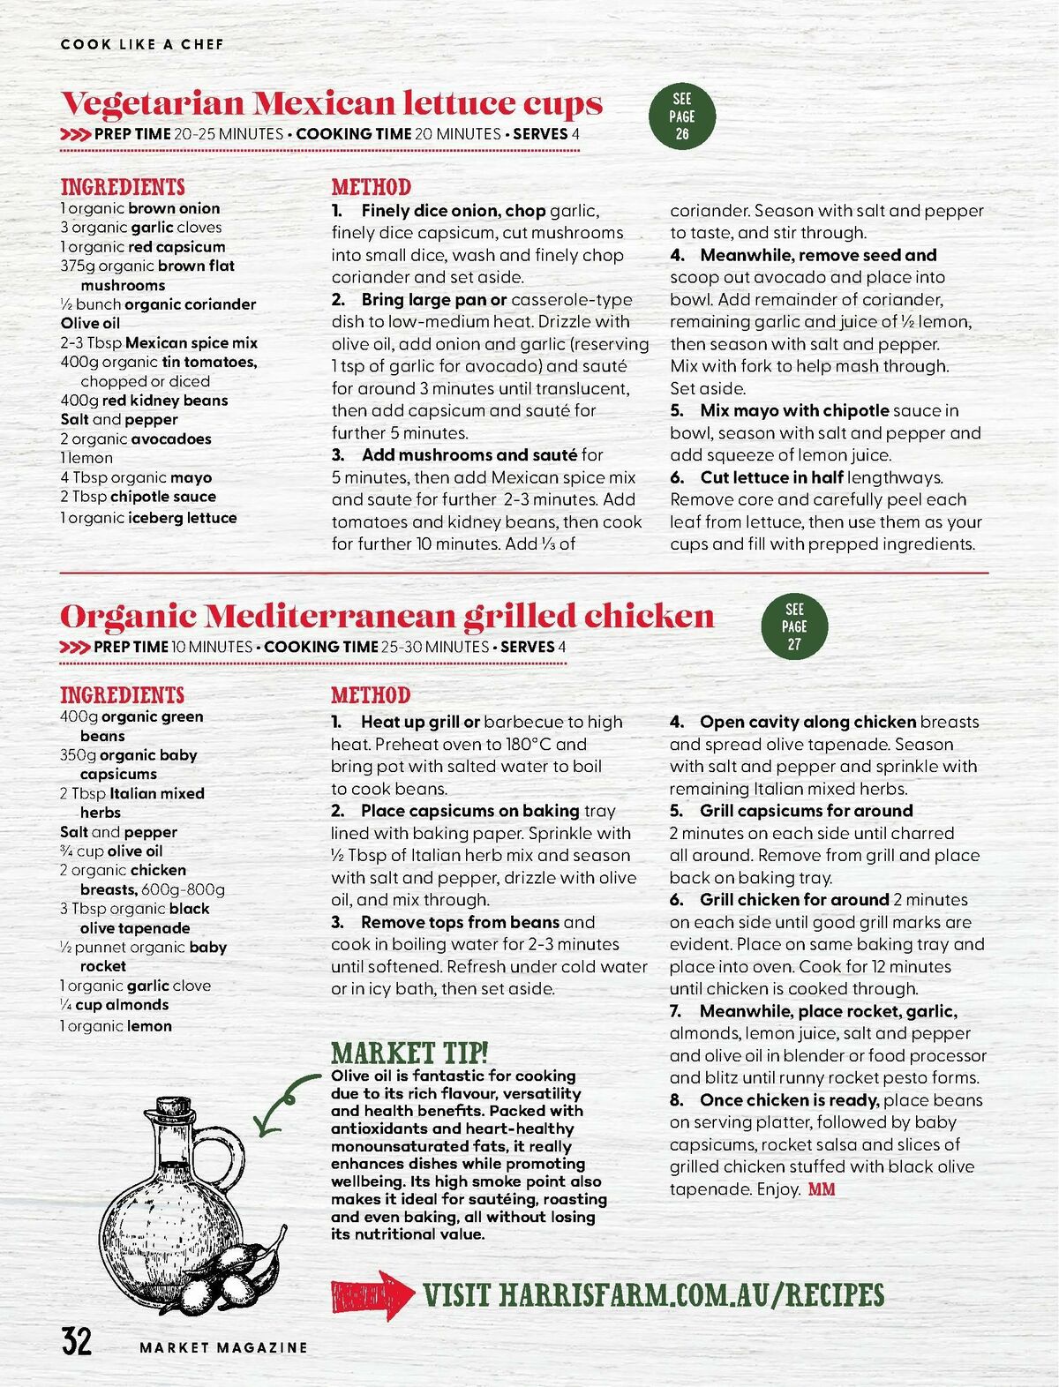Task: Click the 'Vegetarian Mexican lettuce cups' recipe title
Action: point(331,104)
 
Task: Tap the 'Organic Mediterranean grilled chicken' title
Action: point(387,616)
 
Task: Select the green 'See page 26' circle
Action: point(681,116)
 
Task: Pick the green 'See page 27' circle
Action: point(794,626)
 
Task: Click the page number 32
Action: point(76,1341)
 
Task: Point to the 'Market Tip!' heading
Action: point(409,1053)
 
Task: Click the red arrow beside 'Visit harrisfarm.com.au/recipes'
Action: point(372,1295)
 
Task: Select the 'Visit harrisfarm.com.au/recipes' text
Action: point(653,1295)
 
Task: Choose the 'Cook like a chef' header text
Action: point(142,44)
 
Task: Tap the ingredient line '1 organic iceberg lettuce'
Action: point(148,518)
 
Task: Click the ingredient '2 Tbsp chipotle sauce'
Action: point(138,497)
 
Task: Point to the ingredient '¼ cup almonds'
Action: point(114,1005)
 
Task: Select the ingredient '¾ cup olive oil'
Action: point(111,851)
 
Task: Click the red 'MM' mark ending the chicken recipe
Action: point(822,1189)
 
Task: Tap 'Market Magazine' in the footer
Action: point(223,1347)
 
